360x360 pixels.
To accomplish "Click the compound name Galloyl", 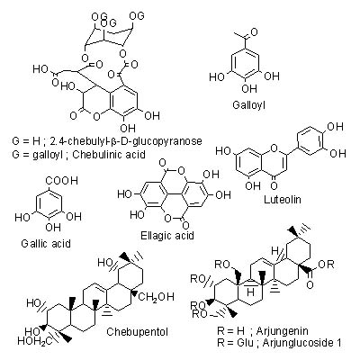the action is [x=249, y=105].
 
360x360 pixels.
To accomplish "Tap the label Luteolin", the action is [x=283, y=200].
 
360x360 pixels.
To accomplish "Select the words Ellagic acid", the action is [x=167, y=236].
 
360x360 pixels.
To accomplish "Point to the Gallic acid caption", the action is [x=46, y=243].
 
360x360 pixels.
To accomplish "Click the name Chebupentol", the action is [x=137, y=332].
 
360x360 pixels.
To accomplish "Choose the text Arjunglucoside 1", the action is [x=301, y=343].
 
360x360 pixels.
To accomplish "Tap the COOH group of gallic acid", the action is [x=61, y=181].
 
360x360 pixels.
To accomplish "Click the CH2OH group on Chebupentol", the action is [x=156, y=297].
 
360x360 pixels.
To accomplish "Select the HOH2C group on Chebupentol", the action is [x=34, y=341].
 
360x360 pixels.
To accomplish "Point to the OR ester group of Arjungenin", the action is [x=326, y=265].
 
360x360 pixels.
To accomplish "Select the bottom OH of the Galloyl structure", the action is [x=249, y=88].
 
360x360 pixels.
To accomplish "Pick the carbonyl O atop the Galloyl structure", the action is [x=254, y=31].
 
